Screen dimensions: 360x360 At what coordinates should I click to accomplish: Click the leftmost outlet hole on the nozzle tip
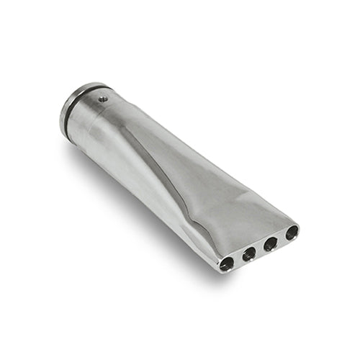227,264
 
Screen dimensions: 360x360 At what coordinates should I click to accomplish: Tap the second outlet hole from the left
249,253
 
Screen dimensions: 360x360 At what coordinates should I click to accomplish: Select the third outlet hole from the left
271,243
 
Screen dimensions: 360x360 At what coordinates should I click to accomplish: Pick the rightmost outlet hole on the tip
292,233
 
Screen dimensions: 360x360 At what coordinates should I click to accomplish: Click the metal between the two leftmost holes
238,258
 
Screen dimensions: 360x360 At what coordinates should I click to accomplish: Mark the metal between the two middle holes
260,248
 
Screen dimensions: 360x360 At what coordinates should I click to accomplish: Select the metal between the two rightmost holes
282,238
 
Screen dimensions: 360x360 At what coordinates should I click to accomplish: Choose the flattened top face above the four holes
245,216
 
